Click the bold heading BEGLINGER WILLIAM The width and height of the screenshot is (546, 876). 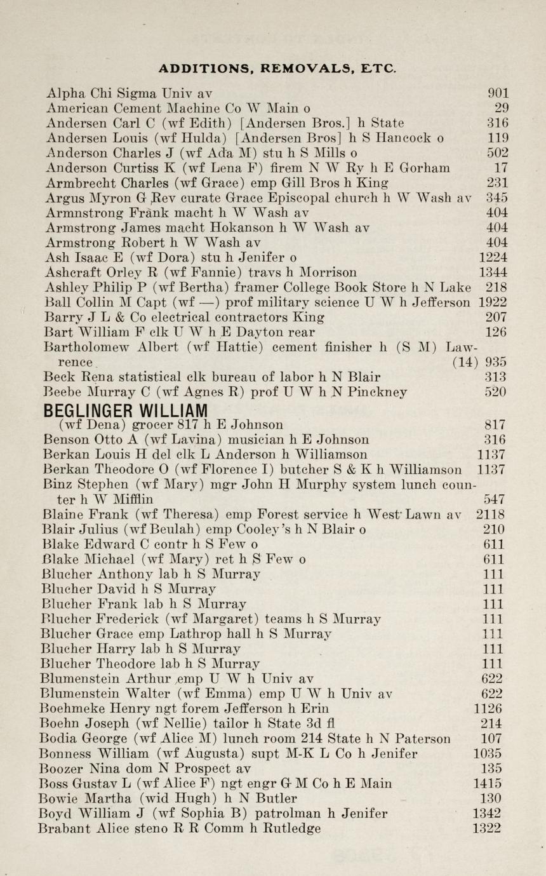click(x=127, y=409)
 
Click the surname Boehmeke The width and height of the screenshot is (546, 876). click(x=70, y=708)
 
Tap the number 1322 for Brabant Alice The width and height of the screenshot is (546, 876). click(x=486, y=828)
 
